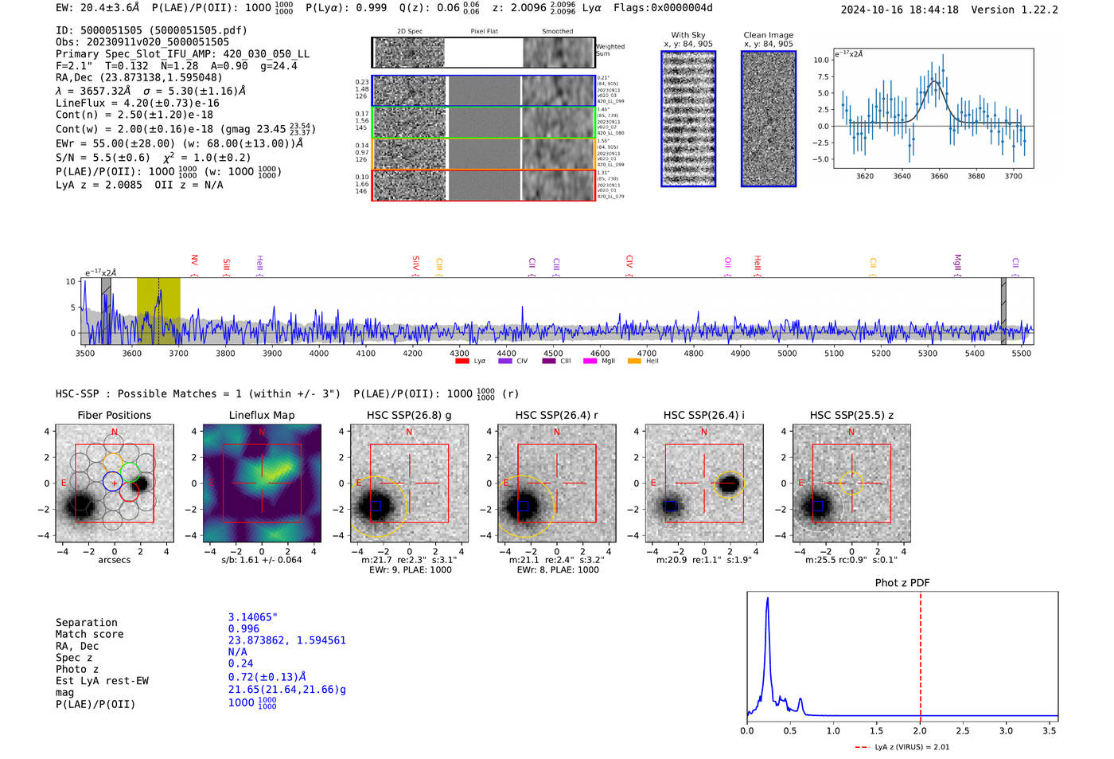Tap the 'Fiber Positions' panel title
click(x=114, y=415)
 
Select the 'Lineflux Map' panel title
click(x=261, y=415)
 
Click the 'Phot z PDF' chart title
click(x=902, y=582)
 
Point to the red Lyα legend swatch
click(x=462, y=361)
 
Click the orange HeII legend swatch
click(x=634, y=361)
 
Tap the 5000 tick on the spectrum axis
click(x=787, y=353)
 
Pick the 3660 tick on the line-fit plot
click(x=939, y=176)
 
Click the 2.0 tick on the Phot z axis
click(x=920, y=730)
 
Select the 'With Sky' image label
click(x=688, y=35)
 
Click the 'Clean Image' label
click(x=768, y=35)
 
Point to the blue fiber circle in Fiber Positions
click(x=112, y=481)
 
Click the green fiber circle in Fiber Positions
click(x=130, y=471)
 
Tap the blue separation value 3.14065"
click(x=252, y=617)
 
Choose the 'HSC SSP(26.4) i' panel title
click(x=703, y=415)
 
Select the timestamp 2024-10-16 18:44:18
click(x=899, y=10)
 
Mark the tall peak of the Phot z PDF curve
click(x=767, y=598)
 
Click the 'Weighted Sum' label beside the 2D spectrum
click(x=610, y=49)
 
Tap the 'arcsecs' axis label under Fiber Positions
click(x=114, y=560)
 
